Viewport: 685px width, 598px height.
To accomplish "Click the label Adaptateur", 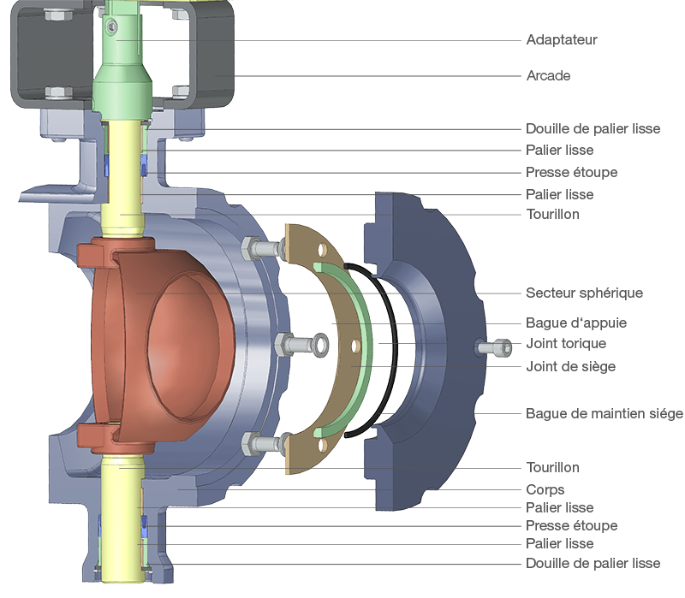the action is [562, 39].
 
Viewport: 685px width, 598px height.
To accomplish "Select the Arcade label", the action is [548, 75].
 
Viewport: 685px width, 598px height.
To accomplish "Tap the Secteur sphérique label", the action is [584, 293].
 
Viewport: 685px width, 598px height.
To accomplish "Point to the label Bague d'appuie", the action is [576, 323].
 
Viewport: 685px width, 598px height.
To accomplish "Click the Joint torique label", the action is [566, 344].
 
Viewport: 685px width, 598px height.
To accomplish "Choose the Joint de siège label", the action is [570, 366].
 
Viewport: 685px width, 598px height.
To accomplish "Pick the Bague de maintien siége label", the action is [605, 413].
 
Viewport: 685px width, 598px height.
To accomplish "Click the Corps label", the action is [545, 489].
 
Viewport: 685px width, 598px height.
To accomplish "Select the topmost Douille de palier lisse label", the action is [593, 129].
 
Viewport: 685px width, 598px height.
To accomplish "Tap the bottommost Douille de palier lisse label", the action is [593, 564].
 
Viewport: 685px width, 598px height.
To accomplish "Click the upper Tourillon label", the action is [552, 215].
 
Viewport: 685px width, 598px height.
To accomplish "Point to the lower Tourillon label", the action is [552, 467].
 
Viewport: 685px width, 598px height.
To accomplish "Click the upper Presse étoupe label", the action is [571, 173].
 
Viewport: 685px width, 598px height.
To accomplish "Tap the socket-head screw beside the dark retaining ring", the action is [495, 348].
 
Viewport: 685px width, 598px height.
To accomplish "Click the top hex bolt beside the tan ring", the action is [262, 249].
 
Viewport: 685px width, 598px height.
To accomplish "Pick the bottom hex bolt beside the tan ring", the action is [262, 444].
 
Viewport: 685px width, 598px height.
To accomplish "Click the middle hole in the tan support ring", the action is [356, 346].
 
